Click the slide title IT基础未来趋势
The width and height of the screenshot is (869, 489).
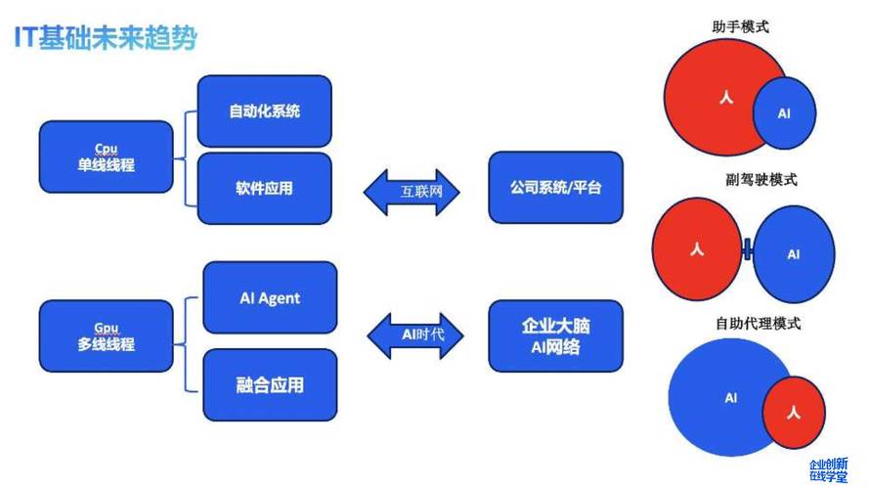click(x=106, y=38)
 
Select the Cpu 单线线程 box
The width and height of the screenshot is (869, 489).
click(x=107, y=156)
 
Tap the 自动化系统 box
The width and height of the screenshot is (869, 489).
click(x=264, y=111)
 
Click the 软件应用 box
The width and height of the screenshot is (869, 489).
click(x=264, y=189)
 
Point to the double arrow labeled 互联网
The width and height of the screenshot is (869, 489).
click(x=412, y=192)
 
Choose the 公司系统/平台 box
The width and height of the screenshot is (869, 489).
click(x=556, y=188)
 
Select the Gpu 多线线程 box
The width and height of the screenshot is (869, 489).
click(x=107, y=336)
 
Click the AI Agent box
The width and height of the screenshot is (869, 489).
click(x=270, y=297)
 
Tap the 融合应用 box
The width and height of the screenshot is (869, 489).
click(x=270, y=384)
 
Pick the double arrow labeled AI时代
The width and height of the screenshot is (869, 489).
click(x=415, y=334)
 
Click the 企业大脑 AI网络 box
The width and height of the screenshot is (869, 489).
click(x=556, y=336)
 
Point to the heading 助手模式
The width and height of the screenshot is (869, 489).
click(x=740, y=26)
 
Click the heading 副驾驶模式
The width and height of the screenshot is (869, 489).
click(x=761, y=180)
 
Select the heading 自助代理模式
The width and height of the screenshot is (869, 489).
click(x=759, y=323)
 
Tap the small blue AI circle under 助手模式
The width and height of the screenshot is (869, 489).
click(x=784, y=113)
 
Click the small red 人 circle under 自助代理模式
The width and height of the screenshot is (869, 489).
click(x=794, y=413)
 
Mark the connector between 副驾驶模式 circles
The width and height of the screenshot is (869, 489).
click(x=748, y=249)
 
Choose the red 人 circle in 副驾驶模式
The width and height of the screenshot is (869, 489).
click(x=697, y=249)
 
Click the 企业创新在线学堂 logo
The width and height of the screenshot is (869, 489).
click(x=829, y=469)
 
